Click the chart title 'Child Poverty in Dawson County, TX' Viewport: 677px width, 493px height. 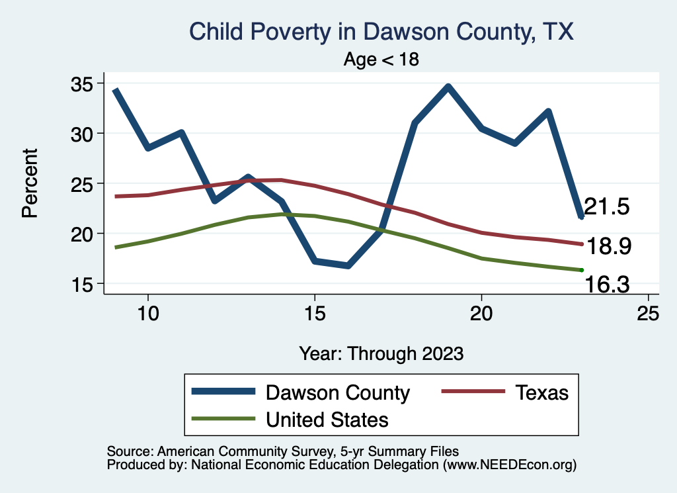(381, 32)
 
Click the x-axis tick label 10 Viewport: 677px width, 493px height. (147, 314)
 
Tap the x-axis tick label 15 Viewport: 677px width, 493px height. (315, 314)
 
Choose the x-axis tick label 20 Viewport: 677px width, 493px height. (481, 314)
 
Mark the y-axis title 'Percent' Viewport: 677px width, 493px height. (29, 183)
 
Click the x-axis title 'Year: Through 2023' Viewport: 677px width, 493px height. (381, 353)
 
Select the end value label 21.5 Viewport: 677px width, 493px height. (606, 207)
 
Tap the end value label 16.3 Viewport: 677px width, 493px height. (606, 285)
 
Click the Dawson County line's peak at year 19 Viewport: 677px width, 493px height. (448, 87)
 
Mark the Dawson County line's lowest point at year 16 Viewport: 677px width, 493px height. (348, 265)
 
